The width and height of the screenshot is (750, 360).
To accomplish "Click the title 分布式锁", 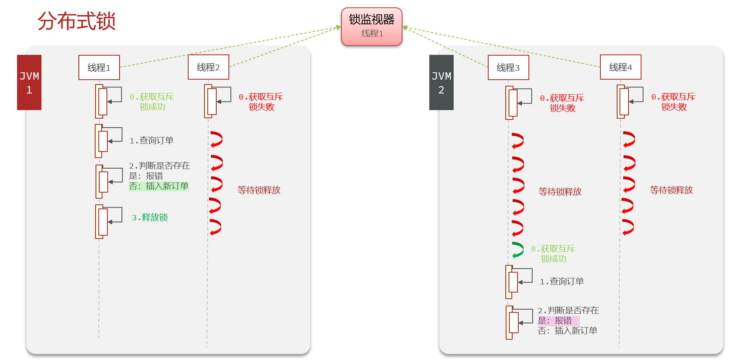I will [x=76, y=21].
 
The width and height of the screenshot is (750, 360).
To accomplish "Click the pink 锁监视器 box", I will [x=372, y=26].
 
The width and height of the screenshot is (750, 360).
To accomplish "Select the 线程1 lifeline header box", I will [x=99, y=67].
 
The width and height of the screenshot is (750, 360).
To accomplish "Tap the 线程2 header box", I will [x=209, y=67].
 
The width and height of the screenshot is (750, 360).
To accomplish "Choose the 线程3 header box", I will [x=508, y=67].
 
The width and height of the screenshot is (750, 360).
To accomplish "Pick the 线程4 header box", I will [x=620, y=67].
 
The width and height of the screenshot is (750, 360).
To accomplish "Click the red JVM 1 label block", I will [x=29, y=82].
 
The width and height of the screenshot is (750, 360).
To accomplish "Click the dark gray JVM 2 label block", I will [x=441, y=82].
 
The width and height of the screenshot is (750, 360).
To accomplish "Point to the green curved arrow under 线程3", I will [x=517, y=250].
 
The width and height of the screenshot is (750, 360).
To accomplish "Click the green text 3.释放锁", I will [x=150, y=218].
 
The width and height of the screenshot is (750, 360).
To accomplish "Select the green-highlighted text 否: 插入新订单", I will [x=159, y=186].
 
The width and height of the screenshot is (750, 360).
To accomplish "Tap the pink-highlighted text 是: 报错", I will [x=555, y=321].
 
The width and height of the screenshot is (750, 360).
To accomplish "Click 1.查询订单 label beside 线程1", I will [x=151, y=141].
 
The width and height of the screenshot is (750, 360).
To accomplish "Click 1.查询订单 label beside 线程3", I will [x=561, y=282].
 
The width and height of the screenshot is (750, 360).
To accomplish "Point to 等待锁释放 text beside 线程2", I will [x=259, y=190].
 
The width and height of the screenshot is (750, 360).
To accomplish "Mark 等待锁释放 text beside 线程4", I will [x=671, y=190].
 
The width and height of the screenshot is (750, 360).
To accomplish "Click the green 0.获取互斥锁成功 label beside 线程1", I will [x=152, y=102].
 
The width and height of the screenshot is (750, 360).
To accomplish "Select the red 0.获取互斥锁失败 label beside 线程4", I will [x=673, y=102].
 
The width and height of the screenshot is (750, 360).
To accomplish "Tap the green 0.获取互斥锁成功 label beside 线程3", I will [x=553, y=254].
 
